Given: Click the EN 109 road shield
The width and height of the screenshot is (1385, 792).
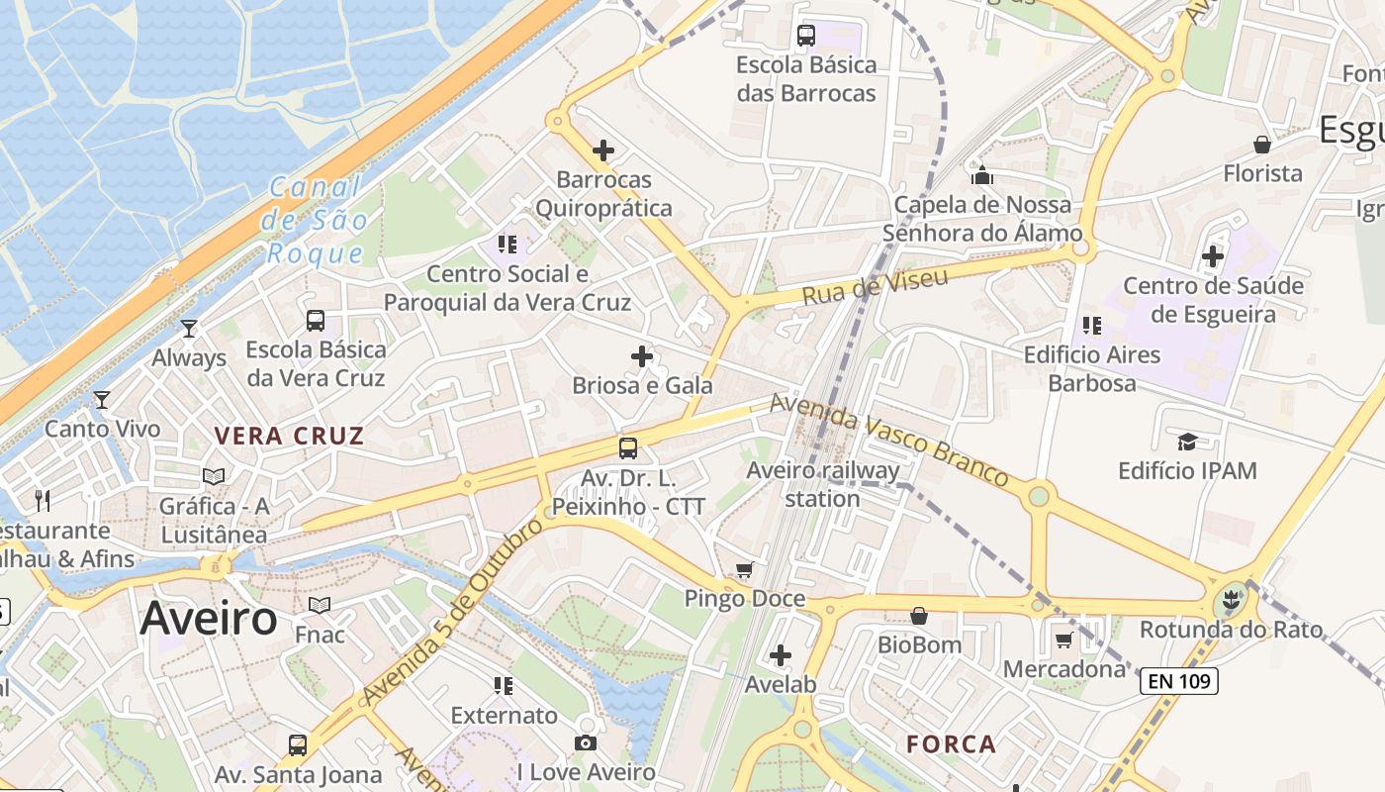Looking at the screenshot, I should pyautogui.click(x=1178, y=681).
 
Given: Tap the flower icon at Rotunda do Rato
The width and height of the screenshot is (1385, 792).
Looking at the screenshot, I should pyautogui.click(x=1231, y=600).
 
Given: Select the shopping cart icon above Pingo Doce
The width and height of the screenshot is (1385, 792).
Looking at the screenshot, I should pyautogui.click(x=744, y=569).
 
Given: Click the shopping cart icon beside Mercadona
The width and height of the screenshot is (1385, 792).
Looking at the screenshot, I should pyautogui.click(x=1063, y=640).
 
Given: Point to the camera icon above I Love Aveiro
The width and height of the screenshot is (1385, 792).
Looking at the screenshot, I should pyautogui.click(x=586, y=742).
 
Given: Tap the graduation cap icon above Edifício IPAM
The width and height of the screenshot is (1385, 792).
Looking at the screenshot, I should pyautogui.click(x=1187, y=441).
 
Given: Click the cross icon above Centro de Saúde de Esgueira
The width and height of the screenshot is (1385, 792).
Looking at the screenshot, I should pyautogui.click(x=1213, y=256).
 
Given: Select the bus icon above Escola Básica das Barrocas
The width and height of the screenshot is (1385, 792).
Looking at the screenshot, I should pyautogui.click(x=806, y=36).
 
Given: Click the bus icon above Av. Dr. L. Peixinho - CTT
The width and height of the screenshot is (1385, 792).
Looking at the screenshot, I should pyautogui.click(x=628, y=448).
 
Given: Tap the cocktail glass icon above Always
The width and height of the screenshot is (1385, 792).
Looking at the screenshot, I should pyautogui.click(x=189, y=328).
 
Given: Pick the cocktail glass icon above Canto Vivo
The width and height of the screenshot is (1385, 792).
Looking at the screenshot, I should pyautogui.click(x=102, y=400).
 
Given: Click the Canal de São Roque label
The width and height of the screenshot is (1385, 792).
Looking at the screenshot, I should pyautogui.click(x=317, y=220).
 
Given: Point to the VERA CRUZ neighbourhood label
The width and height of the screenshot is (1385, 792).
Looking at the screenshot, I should pyautogui.click(x=290, y=436).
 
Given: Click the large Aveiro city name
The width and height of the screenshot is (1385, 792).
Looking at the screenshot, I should pyautogui.click(x=209, y=619).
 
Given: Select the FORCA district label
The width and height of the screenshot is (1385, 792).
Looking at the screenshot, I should pyautogui.click(x=951, y=744).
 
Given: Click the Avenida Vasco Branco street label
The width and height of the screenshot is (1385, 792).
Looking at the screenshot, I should pyautogui.click(x=888, y=440).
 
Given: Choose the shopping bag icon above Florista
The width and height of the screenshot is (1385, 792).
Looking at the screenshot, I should pyautogui.click(x=1262, y=145).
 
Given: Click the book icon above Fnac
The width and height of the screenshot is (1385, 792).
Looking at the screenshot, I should pyautogui.click(x=320, y=605).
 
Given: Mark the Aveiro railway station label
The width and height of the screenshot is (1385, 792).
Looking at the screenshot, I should pyautogui.click(x=823, y=484).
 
